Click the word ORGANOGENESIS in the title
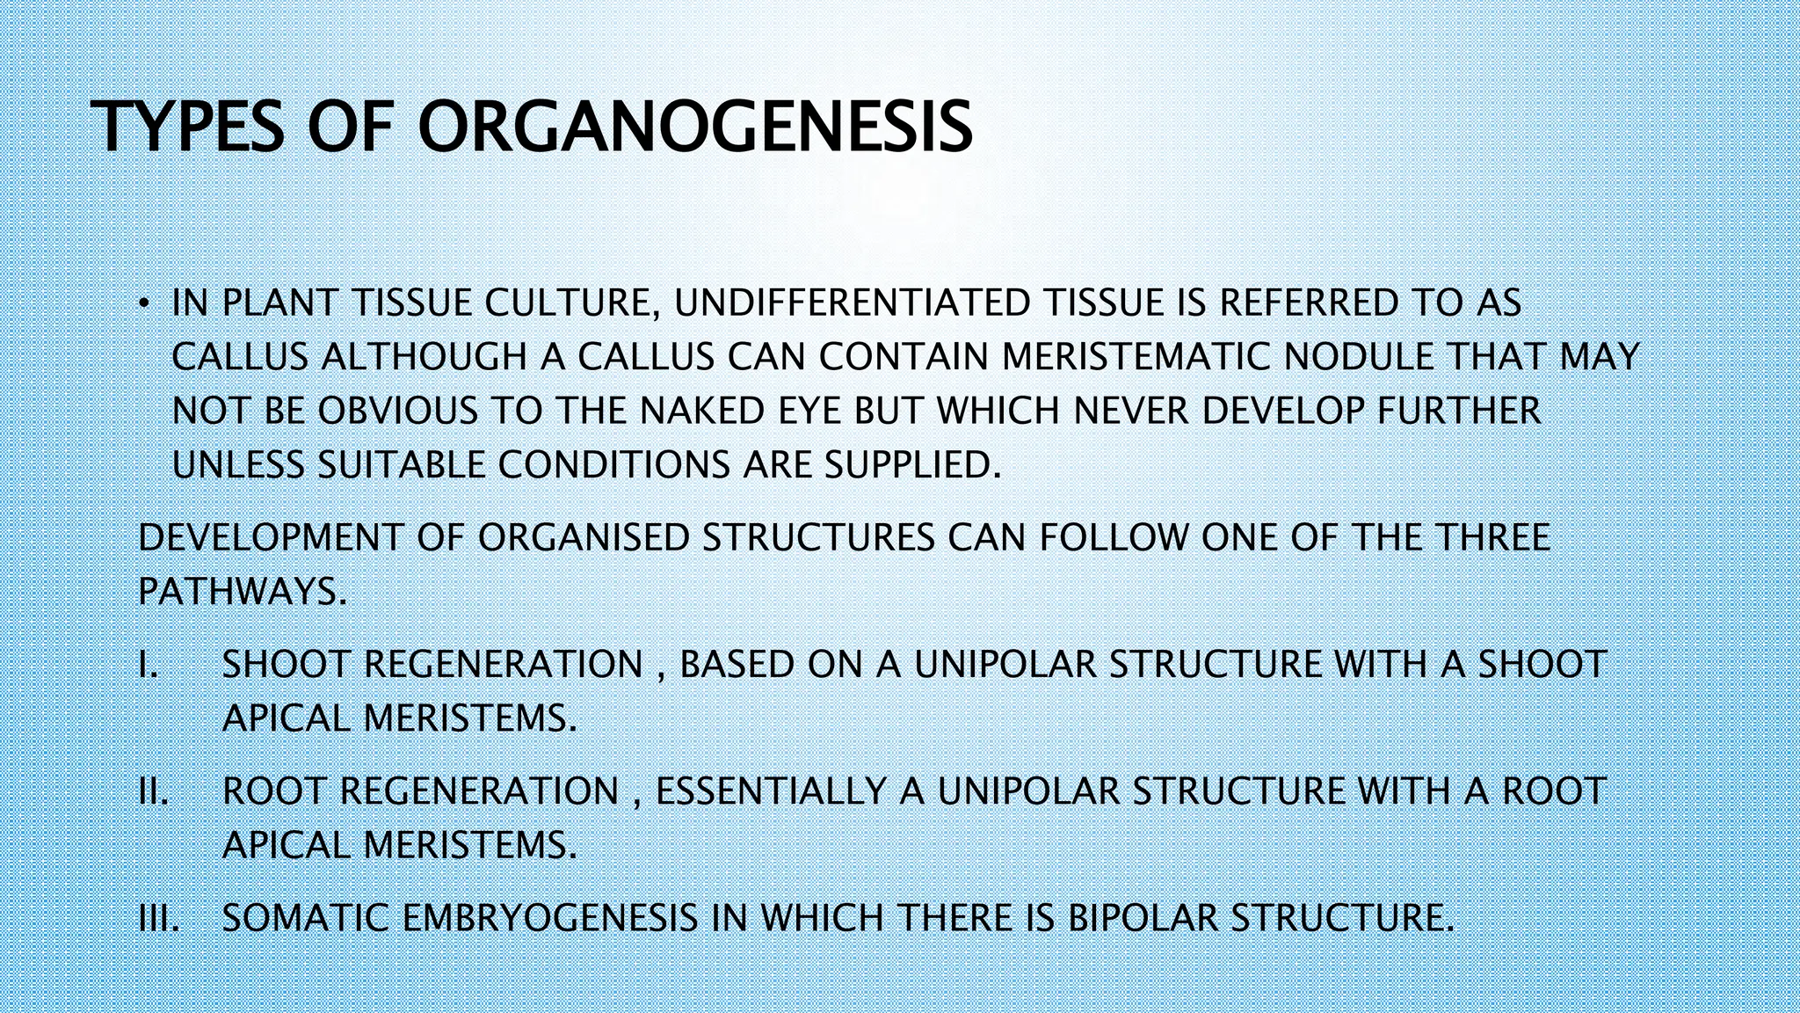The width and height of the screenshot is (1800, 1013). tap(694, 128)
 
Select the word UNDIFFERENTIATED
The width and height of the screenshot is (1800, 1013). tap(852, 303)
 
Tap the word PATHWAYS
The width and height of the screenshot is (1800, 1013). tap(242, 592)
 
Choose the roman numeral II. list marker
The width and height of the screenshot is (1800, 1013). tap(153, 791)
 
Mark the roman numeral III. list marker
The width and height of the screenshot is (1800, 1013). tap(159, 919)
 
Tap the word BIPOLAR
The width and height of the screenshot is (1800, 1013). tap(1142, 919)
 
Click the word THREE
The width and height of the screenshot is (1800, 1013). tap(1493, 538)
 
